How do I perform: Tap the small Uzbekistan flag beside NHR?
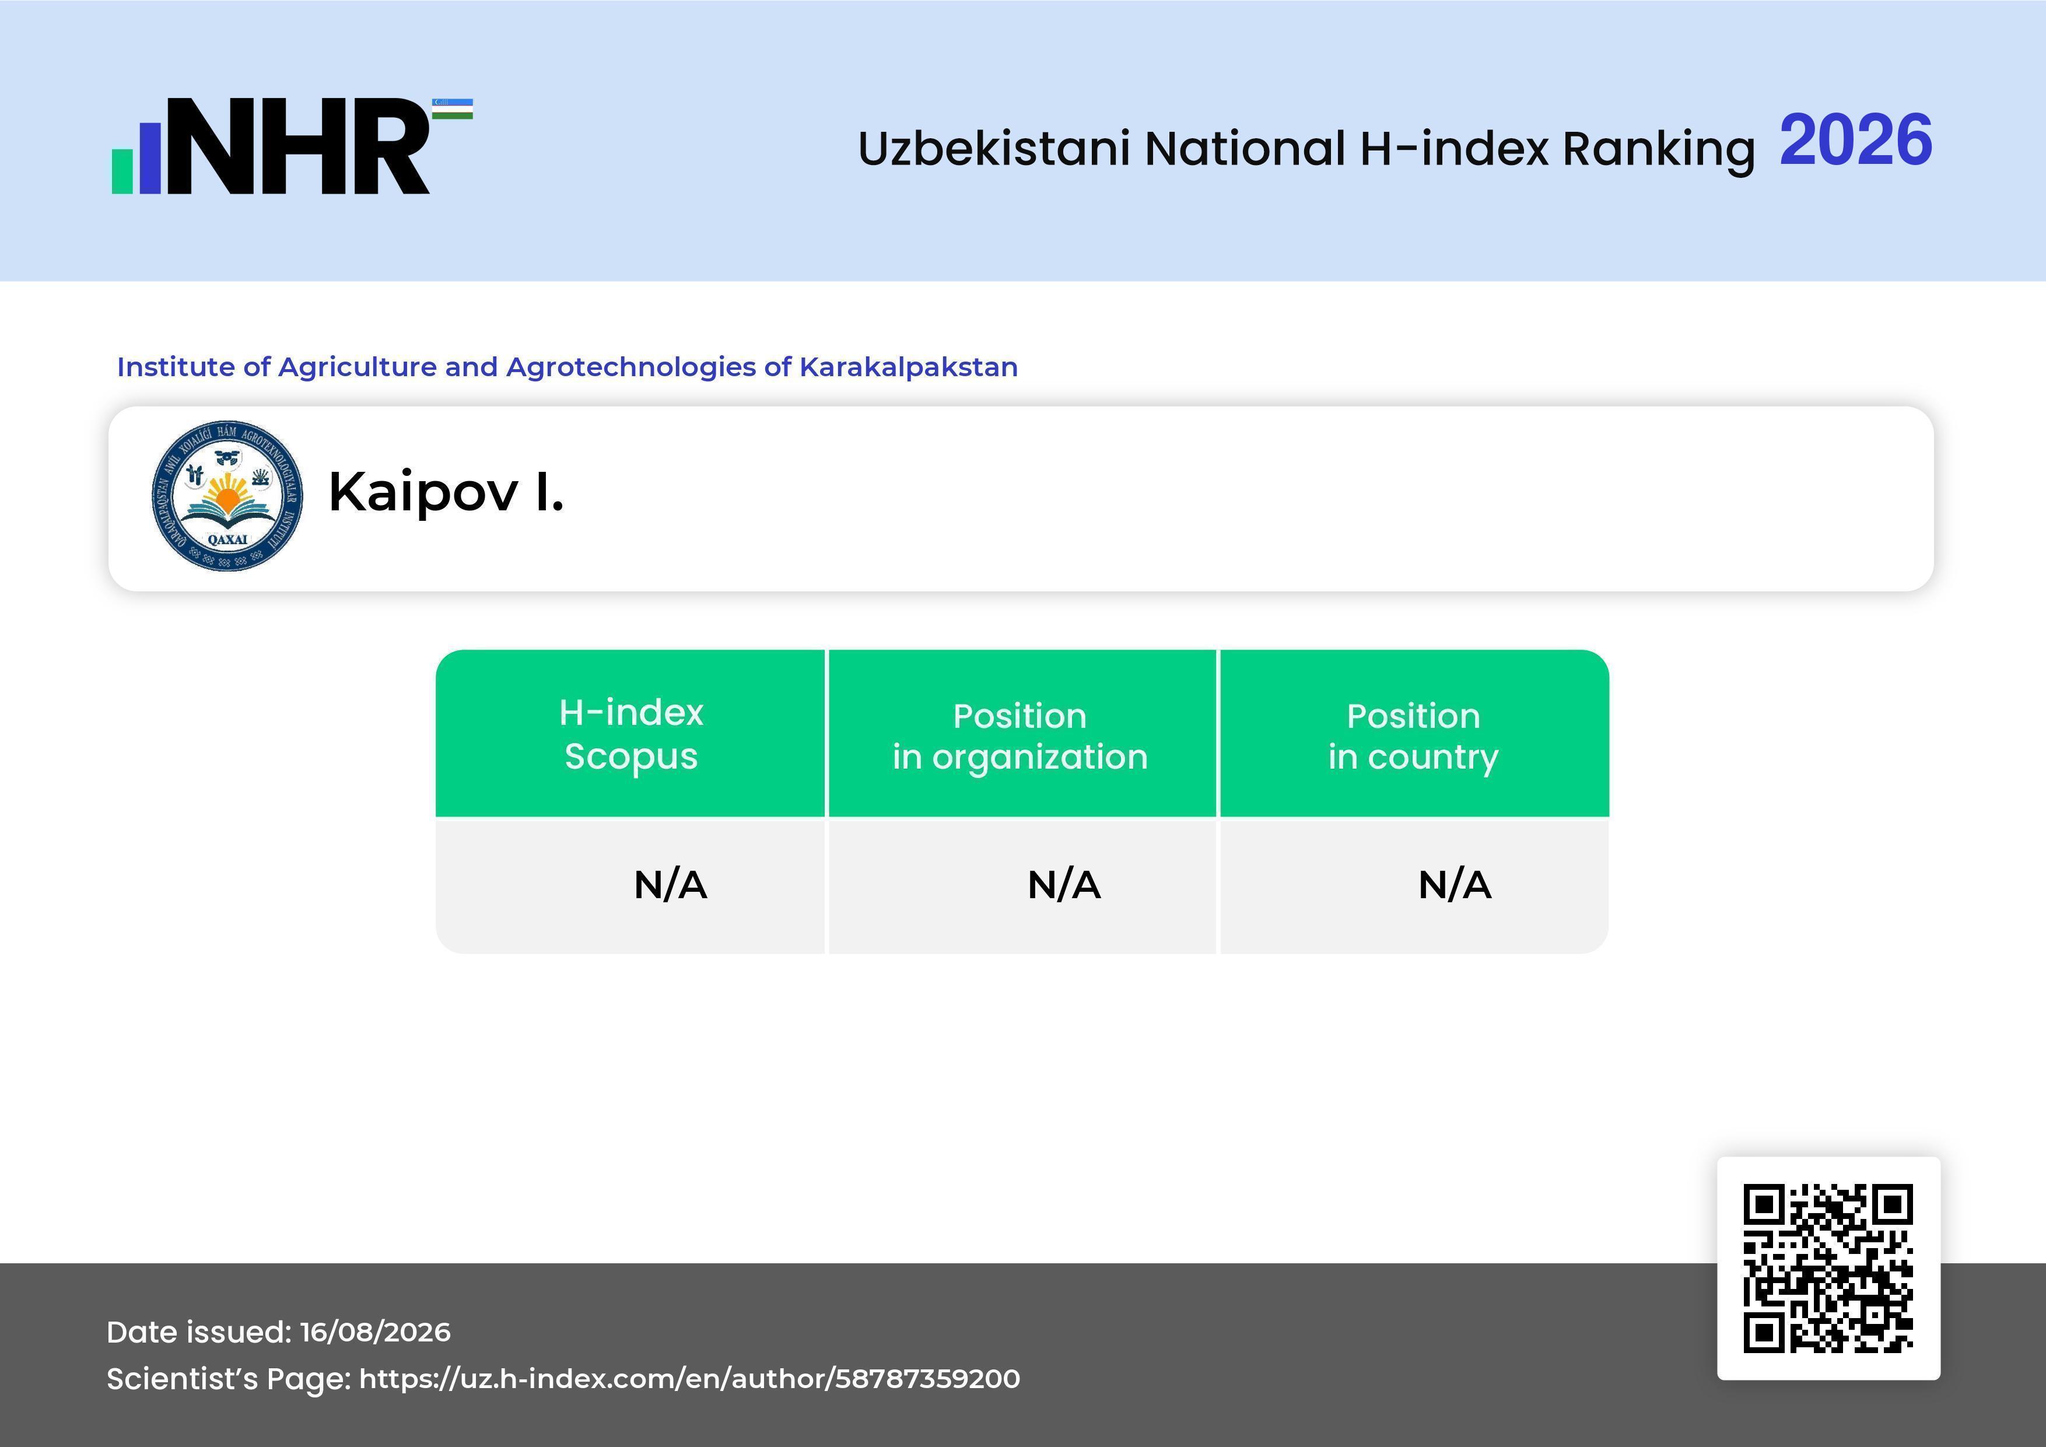click(453, 108)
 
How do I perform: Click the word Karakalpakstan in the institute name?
click(908, 367)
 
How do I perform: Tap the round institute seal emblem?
click(227, 495)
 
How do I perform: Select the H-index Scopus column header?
click(631, 734)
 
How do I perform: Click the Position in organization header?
click(1020, 736)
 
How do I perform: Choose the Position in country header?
click(1413, 736)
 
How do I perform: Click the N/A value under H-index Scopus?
click(670, 885)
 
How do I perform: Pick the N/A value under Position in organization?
click(1064, 885)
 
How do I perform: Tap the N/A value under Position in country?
click(1454, 885)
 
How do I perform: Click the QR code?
click(1828, 1268)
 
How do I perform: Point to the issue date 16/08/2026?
click(375, 1332)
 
